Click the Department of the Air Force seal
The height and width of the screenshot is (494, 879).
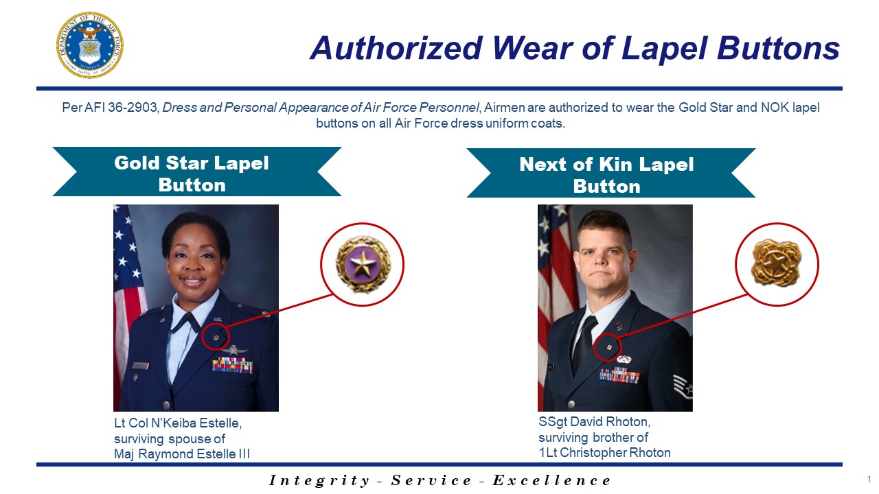[89, 45]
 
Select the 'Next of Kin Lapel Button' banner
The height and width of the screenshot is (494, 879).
[610, 174]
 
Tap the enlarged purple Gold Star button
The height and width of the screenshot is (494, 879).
[362, 264]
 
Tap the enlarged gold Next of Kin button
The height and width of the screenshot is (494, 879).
[777, 264]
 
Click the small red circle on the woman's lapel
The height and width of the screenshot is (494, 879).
[216, 337]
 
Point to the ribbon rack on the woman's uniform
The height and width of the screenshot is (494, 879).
[232, 365]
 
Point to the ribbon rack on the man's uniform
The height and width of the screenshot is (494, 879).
[619, 375]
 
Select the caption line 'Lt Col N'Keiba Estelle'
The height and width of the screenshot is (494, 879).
[178, 423]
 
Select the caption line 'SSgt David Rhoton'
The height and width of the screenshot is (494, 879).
[593, 422]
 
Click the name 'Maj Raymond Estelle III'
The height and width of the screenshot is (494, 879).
[182, 454]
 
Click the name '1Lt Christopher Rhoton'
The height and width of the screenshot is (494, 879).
[604, 452]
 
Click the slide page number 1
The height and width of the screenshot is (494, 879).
[869, 479]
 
